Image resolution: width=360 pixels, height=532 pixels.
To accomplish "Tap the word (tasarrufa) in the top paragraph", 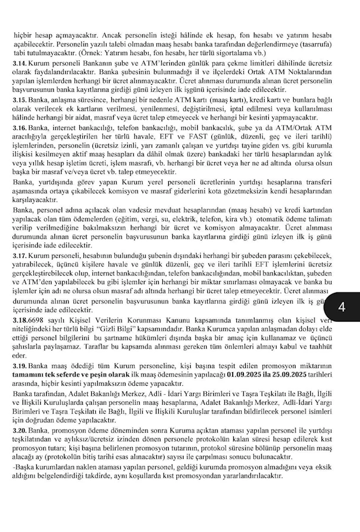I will pos(327,44).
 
